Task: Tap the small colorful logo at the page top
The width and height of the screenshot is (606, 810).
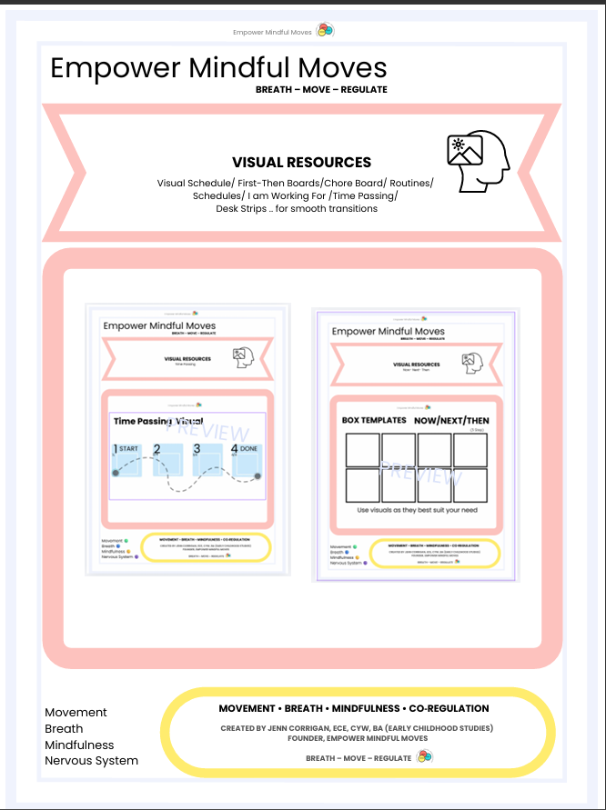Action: (x=325, y=30)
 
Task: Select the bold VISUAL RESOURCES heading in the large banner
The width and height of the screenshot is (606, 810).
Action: (x=301, y=162)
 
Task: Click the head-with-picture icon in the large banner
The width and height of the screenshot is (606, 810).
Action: (x=478, y=162)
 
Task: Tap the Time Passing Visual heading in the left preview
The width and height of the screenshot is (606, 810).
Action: (x=157, y=422)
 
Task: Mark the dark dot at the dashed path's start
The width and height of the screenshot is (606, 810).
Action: (x=115, y=474)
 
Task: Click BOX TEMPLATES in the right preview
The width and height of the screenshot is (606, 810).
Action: (x=374, y=421)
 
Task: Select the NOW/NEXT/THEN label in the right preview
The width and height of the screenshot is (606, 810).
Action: (x=451, y=421)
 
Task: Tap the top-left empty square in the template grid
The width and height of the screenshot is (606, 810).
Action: (x=363, y=450)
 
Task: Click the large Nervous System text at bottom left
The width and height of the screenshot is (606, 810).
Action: (x=91, y=760)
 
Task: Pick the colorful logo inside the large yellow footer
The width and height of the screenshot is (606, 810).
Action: (x=424, y=756)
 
